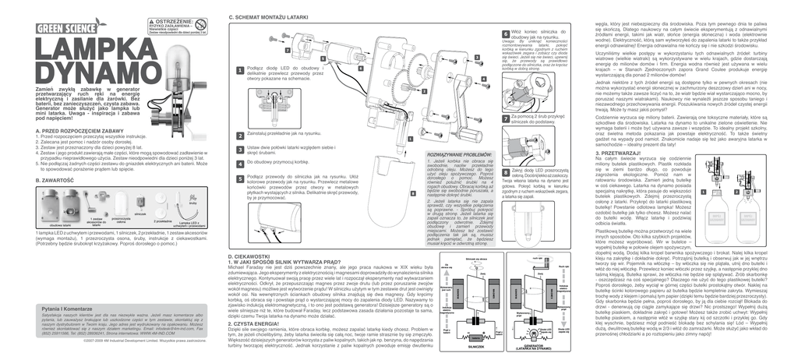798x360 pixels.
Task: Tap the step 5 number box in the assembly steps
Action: point(239,178)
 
